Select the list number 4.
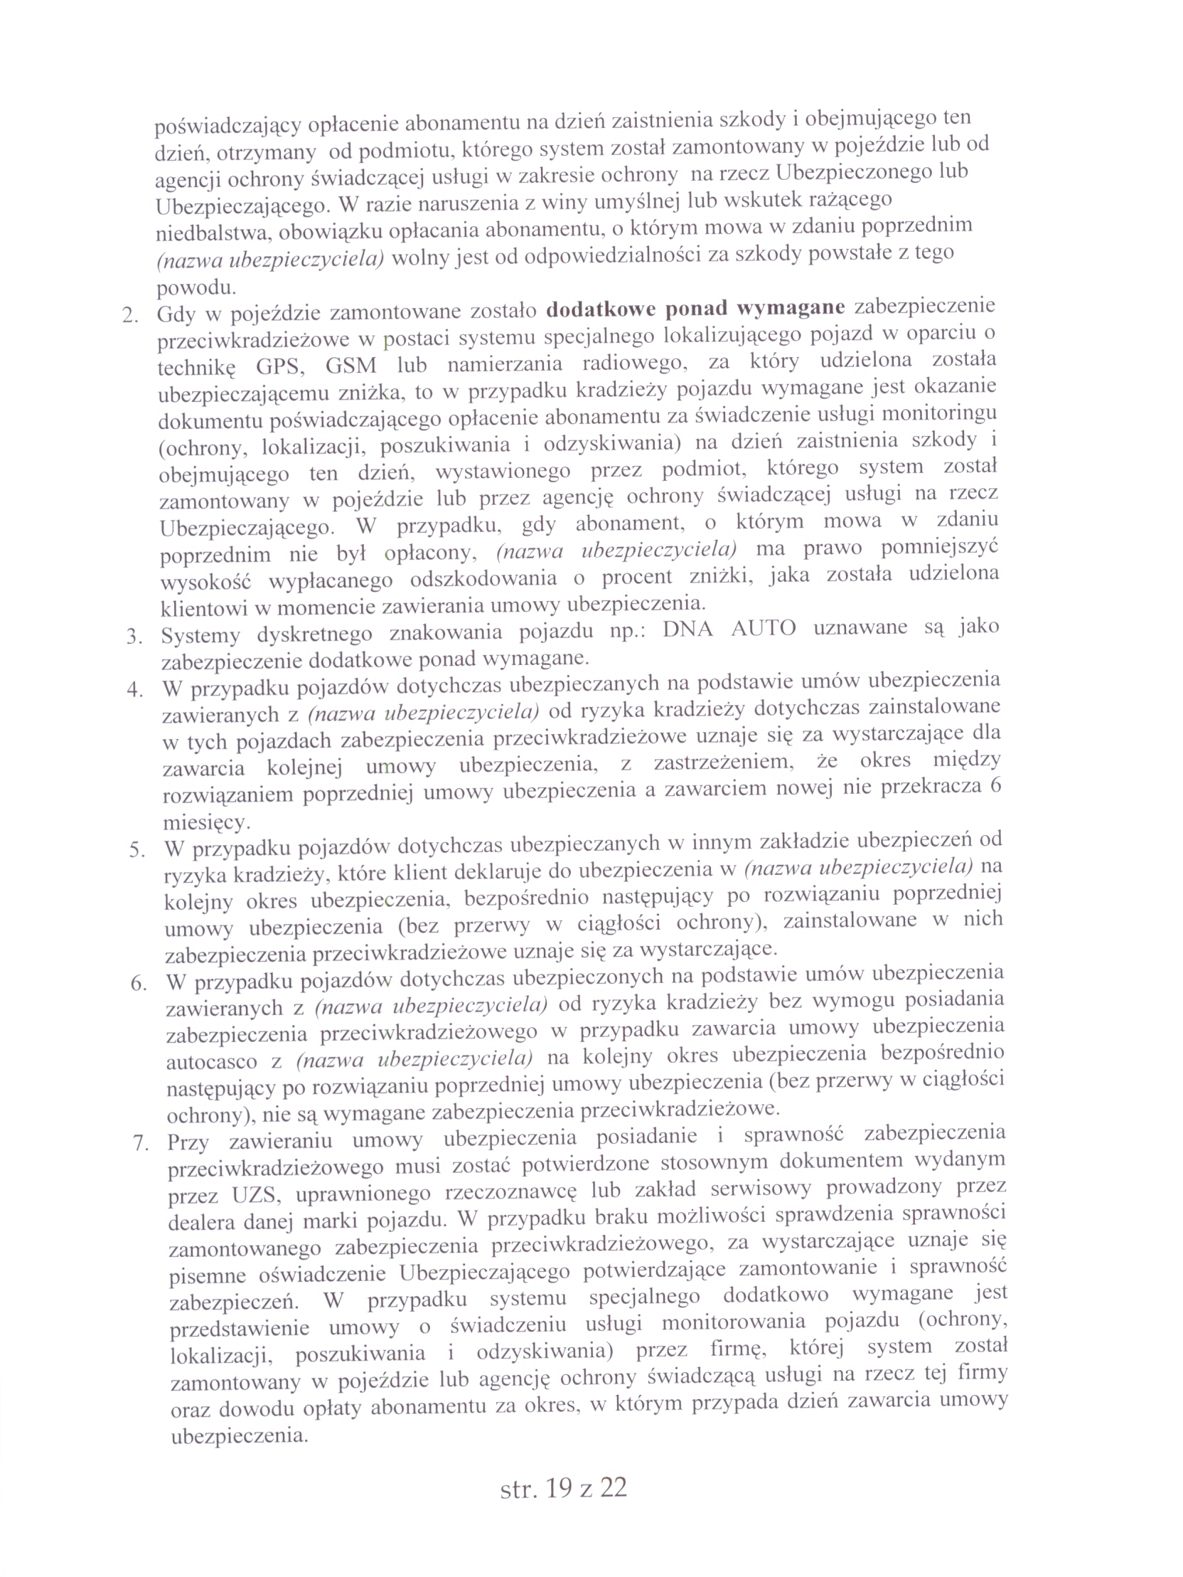134,690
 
